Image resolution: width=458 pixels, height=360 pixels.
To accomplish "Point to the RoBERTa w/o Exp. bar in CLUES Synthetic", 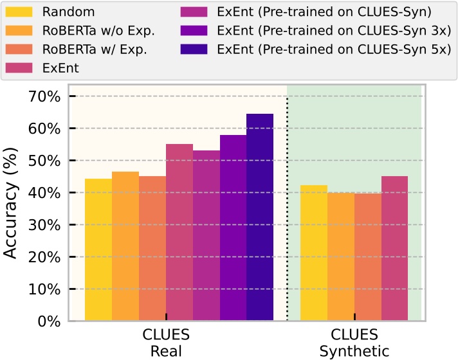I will pos(341,256).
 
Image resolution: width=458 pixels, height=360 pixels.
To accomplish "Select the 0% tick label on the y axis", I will pos(48,321).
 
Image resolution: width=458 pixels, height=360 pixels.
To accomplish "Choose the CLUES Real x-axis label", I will pos(166,343).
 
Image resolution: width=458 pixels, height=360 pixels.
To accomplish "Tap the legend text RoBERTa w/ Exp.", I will pos(95,48).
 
